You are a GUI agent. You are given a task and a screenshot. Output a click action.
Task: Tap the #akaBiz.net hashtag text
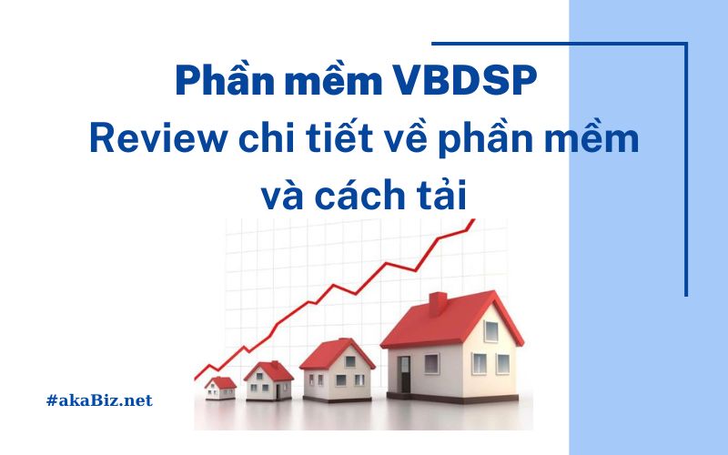[97, 400]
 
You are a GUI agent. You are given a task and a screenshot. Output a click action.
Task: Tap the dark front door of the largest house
[404, 374]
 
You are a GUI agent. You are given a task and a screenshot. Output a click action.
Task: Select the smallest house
[219, 389]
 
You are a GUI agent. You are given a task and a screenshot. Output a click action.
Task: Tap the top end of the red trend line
[472, 222]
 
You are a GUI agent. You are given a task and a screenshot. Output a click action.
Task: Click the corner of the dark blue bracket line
[686, 43]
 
